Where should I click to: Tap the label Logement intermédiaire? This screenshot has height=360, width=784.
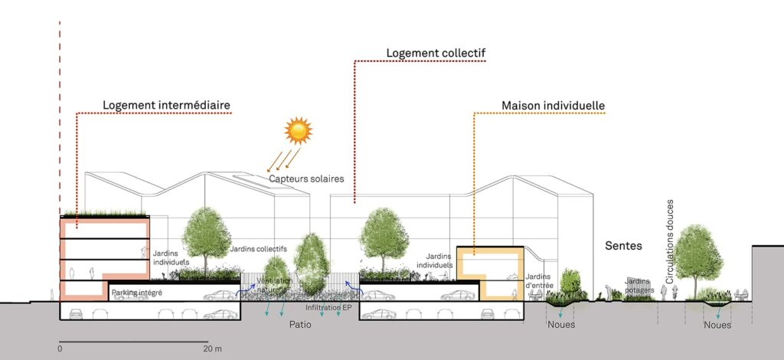pyautogui.click(x=167, y=104)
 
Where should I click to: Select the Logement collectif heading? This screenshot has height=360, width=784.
pyautogui.click(x=436, y=53)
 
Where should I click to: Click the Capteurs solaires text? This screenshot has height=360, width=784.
pyautogui.click(x=306, y=179)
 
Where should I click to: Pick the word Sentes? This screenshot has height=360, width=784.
pyautogui.click(x=622, y=247)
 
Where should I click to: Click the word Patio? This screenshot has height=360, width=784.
pyautogui.click(x=300, y=324)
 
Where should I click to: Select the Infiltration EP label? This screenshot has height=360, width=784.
pyautogui.click(x=328, y=308)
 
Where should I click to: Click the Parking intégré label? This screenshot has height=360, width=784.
pyautogui.click(x=136, y=293)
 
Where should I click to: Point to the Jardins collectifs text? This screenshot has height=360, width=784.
pyautogui.click(x=258, y=249)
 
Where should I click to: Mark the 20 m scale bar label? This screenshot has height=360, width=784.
pyautogui.click(x=212, y=349)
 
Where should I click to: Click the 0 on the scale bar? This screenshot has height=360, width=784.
pyautogui.click(x=60, y=349)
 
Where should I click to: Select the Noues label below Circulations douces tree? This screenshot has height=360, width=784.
pyautogui.click(x=717, y=325)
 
